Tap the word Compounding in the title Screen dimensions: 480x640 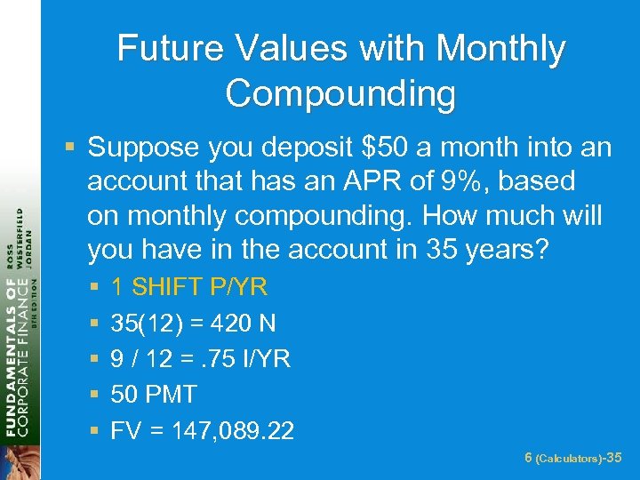click(341, 93)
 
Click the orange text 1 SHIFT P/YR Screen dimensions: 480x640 click(189, 287)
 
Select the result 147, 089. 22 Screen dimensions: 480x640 click(229, 430)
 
